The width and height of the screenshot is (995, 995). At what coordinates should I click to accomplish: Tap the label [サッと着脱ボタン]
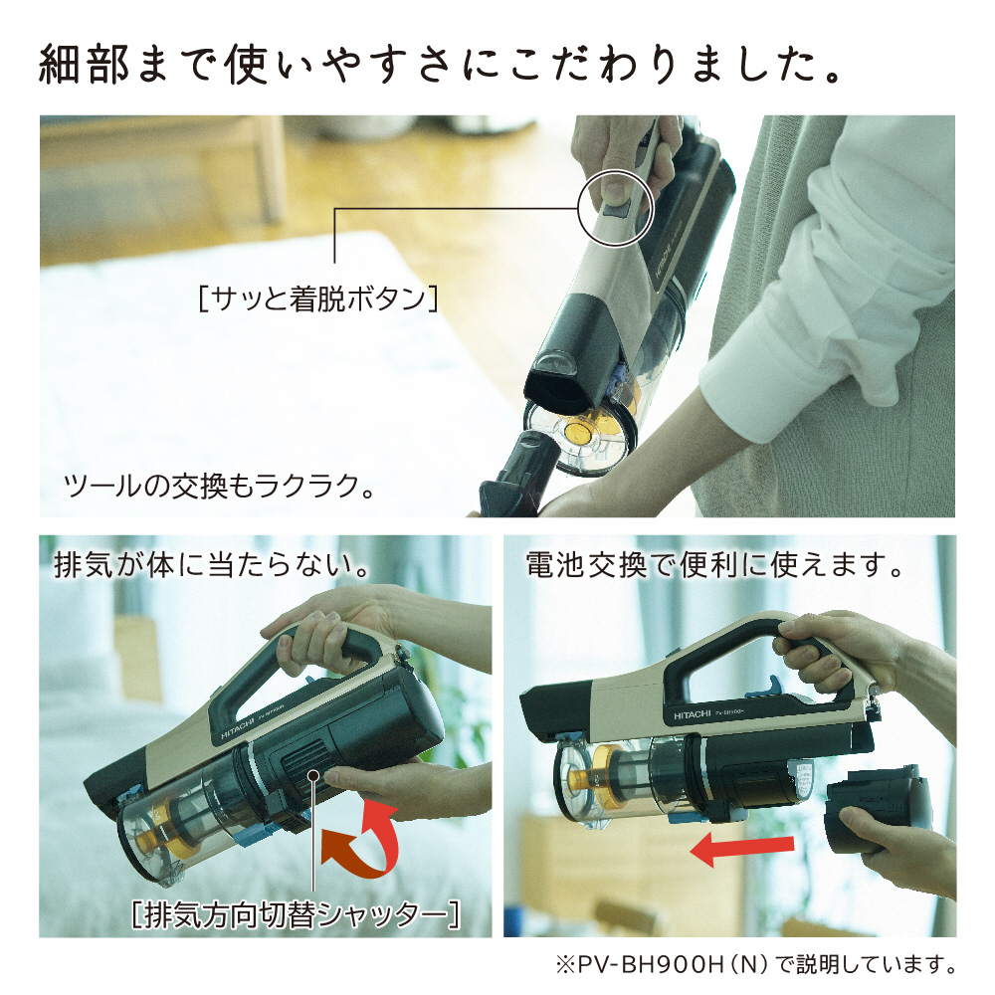(317, 298)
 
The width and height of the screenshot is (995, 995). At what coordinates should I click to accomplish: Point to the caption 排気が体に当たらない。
(212, 567)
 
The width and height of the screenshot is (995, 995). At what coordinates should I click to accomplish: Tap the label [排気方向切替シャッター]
(296, 912)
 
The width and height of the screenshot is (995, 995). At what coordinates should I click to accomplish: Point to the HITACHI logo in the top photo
(668, 267)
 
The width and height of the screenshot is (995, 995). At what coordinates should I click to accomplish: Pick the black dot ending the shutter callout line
(313, 776)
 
